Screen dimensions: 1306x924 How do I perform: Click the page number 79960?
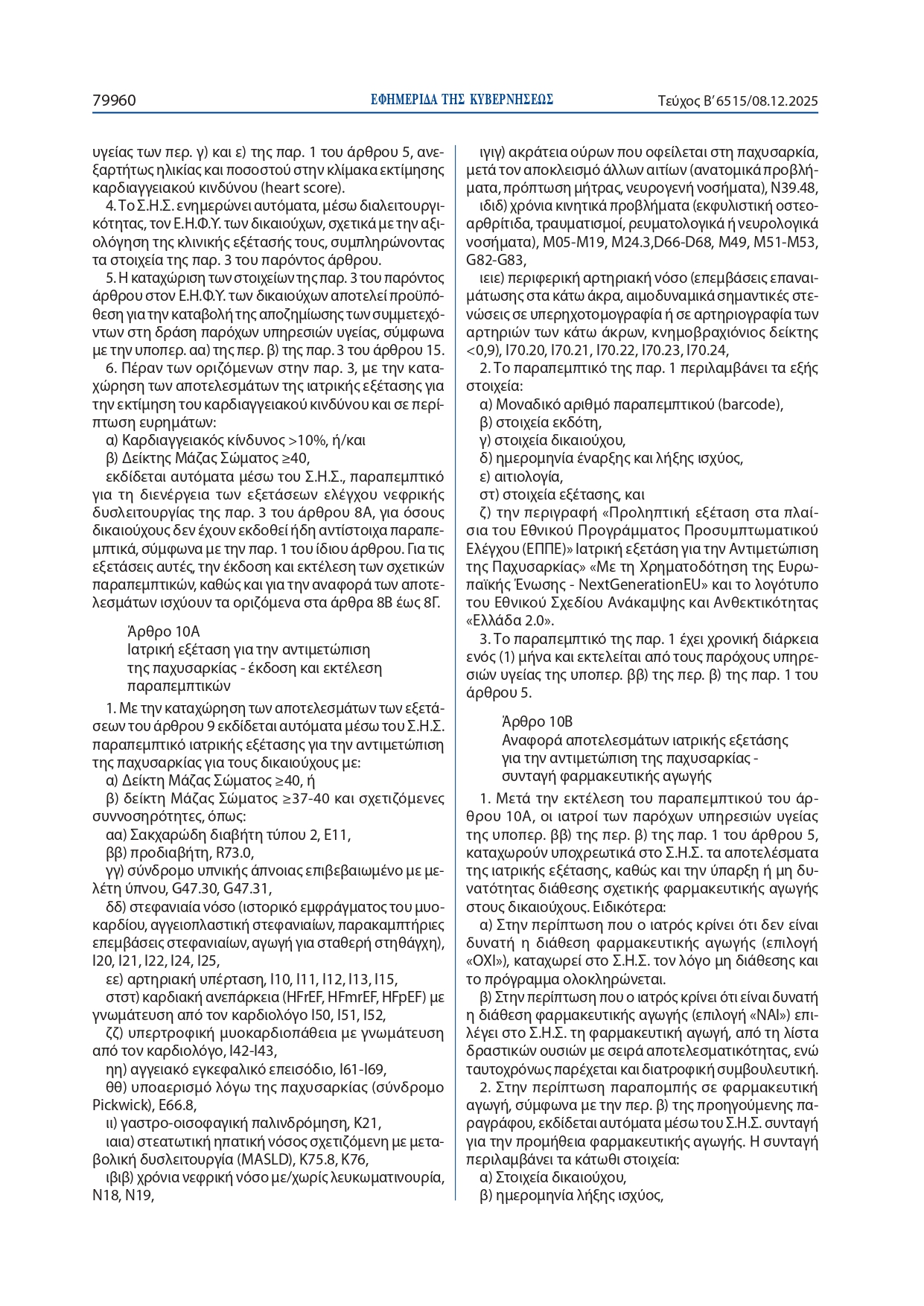(x=114, y=100)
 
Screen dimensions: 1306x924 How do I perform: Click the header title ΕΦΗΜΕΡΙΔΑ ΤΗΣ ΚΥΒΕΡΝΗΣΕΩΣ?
(x=462, y=100)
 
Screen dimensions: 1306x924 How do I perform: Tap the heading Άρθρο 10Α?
(x=163, y=632)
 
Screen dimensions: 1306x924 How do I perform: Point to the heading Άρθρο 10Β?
(x=538, y=722)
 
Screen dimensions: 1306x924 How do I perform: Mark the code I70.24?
(x=705, y=351)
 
